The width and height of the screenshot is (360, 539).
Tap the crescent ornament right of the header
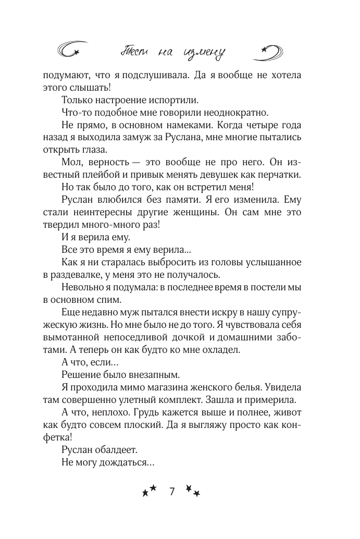271,51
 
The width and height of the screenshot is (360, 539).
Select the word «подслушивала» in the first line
153,75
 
